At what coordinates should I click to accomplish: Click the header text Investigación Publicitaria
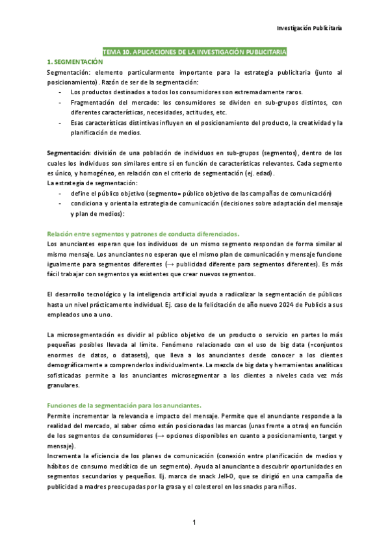(309, 28)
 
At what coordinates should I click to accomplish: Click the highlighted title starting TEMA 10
(194, 51)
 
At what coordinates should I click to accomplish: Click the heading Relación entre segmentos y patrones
(144, 233)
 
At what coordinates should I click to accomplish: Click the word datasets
(131, 355)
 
